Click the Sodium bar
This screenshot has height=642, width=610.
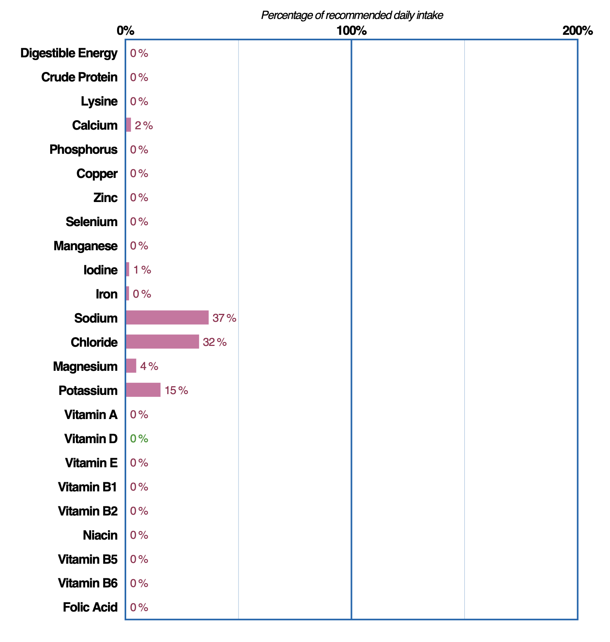167,317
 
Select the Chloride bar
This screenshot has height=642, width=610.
162,342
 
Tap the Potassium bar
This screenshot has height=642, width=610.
143,390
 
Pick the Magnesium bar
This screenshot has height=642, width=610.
131,366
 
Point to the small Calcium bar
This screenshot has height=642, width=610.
128,125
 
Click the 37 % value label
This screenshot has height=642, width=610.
224,318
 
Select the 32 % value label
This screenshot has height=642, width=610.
215,342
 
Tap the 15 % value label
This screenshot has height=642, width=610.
176,391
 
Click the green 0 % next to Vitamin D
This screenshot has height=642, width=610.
139,438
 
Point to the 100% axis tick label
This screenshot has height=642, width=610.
351,30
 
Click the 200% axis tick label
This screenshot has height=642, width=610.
577,30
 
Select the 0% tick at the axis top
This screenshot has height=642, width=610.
125,30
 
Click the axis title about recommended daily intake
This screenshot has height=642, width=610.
352,15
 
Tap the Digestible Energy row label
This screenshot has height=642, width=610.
69,53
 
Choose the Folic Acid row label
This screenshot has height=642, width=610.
90,607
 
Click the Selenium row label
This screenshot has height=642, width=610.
92,222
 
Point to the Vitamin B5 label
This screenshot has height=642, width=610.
88,559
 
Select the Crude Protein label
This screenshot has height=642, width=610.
80,77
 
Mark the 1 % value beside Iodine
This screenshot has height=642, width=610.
142,270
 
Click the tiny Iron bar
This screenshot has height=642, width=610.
127,293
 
